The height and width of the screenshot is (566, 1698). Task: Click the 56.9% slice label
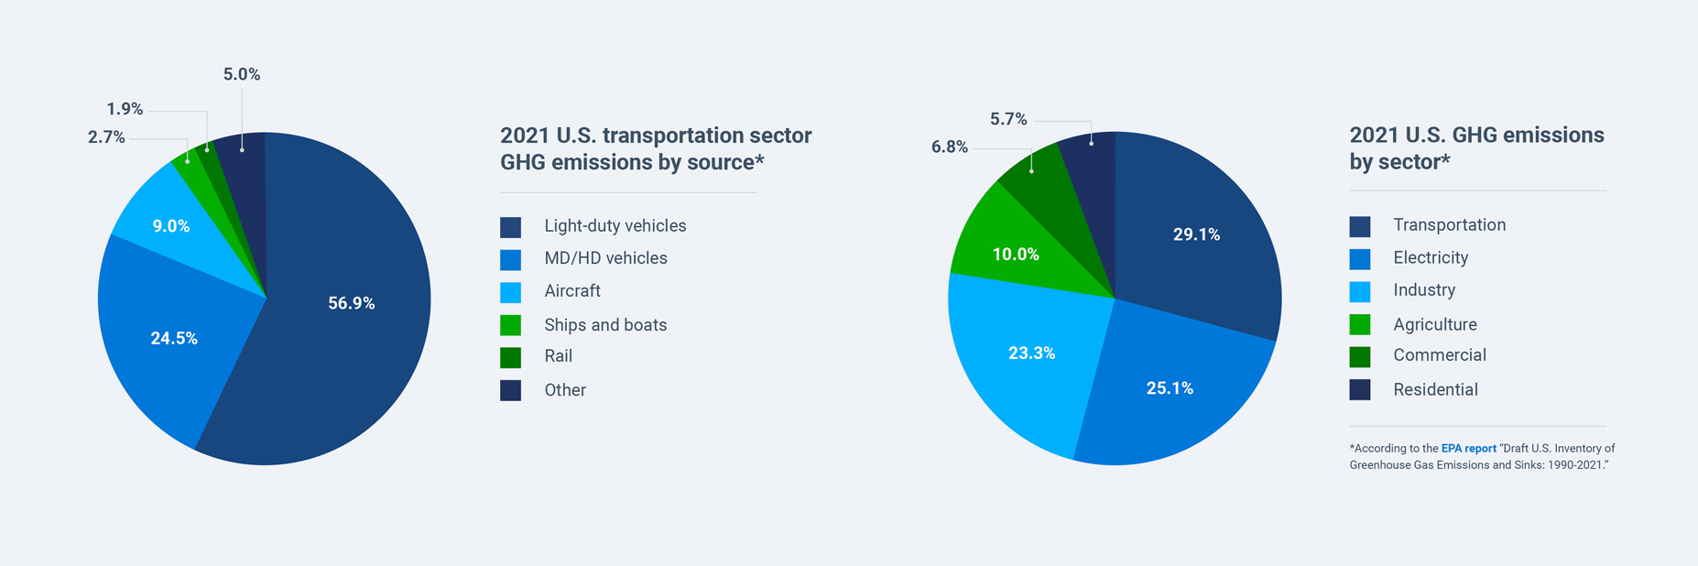351,303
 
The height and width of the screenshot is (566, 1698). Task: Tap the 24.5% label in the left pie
174,338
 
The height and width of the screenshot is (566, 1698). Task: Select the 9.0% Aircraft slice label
170,226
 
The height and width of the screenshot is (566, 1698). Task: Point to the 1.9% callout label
125,109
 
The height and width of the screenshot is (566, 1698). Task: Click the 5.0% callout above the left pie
242,74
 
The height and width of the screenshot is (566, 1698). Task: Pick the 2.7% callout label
106,137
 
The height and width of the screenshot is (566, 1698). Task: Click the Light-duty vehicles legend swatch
511,226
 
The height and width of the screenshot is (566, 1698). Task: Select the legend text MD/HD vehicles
605,258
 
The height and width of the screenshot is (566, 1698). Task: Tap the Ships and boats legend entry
604,324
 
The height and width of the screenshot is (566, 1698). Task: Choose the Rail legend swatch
511,357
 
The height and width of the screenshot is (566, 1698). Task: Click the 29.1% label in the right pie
1196,234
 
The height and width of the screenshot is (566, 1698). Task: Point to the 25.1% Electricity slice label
1170,388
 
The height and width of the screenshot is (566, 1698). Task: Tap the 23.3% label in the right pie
1031,353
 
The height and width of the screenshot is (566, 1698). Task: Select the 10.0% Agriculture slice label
1016,255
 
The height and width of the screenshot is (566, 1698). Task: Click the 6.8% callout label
950,147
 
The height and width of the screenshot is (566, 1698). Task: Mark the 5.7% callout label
1008,119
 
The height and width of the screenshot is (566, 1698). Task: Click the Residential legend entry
1435,389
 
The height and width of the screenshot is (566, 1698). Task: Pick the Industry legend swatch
1360,291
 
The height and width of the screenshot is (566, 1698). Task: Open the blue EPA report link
1468,449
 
